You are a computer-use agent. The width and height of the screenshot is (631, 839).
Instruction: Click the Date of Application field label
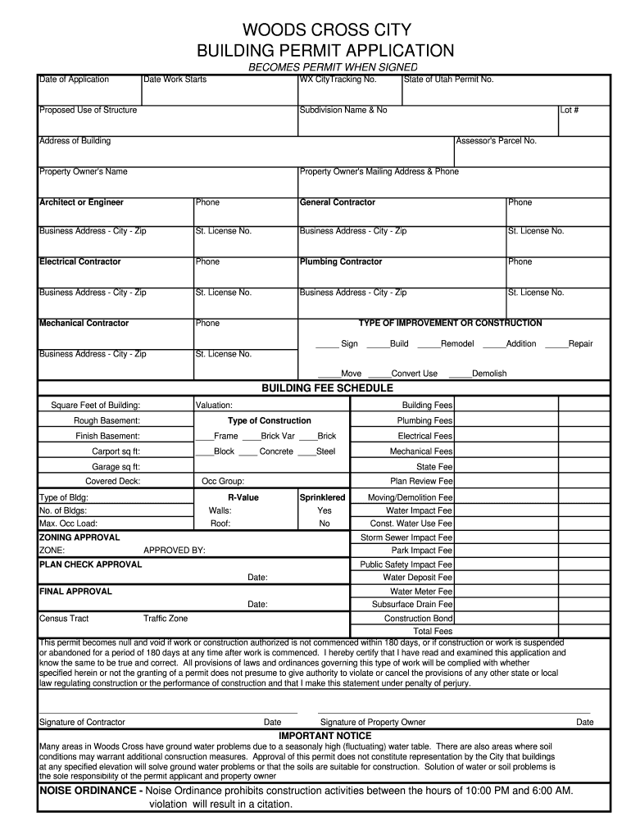coord(74,79)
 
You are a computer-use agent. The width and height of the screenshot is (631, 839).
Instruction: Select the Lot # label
coord(570,110)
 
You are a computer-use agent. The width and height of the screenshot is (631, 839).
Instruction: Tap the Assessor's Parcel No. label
coord(496,141)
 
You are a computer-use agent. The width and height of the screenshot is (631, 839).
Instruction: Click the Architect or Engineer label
coord(81,202)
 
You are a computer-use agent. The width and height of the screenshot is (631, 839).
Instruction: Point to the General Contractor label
coord(337,202)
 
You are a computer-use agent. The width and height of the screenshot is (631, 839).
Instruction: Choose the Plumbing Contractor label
coord(340,262)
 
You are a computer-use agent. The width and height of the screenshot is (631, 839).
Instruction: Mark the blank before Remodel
coord(427,344)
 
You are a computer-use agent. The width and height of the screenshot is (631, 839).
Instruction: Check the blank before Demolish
coord(459,374)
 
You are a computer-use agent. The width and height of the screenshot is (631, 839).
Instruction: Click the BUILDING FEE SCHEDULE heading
coord(327,388)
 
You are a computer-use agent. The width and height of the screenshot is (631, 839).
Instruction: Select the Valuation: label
coord(214,406)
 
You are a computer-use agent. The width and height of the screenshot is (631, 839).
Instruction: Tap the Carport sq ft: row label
coord(116,451)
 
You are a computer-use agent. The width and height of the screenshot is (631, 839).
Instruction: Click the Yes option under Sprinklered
coord(325,510)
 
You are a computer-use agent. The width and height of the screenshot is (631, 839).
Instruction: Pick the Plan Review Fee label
coord(421,482)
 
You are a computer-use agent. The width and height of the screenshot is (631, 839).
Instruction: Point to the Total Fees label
coord(433,632)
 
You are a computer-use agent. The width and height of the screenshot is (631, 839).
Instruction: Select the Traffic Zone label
coord(166,619)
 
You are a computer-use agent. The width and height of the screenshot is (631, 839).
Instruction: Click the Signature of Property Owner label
coord(373,723)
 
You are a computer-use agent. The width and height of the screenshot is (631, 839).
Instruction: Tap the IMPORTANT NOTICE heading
coord(325,736)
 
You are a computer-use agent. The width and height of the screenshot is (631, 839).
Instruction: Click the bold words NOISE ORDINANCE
coord(91,791)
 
